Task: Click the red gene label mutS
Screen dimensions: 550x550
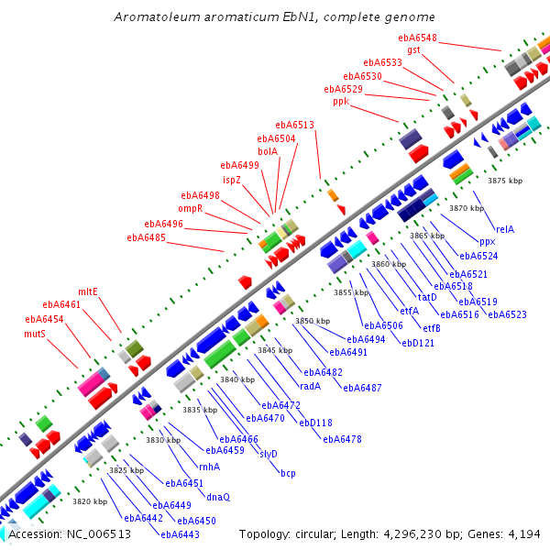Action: (x=35, y=334)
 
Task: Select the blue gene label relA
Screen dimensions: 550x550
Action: (x=505, y=229)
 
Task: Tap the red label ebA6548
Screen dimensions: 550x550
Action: (x=417, y=38)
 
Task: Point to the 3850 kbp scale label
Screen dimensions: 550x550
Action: (x=313, y=321)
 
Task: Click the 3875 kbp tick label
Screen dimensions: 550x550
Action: (x=505, y=181)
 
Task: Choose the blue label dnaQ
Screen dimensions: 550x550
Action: (x=218, y=497)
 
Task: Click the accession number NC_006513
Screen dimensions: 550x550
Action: (x=99, y=534)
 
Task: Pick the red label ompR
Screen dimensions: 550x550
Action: (x=191, y=209)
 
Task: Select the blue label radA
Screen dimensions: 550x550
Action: (x=311, y=386)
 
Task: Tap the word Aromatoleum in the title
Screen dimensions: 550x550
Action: (x=157, y=16)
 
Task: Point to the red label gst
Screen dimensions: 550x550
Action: (x=414, y=50)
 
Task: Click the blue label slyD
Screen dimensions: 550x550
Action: (x=269, y=454)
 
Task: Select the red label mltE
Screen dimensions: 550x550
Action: (x=88, y=291)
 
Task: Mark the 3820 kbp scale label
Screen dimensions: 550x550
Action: (x=90, y=501)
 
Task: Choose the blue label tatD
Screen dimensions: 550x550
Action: (x=427, y=297)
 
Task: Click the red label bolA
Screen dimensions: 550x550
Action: (x=268, y=151)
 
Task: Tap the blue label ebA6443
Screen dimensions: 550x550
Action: (x=180, y=534)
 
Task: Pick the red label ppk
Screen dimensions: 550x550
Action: (x=341, y=102)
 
